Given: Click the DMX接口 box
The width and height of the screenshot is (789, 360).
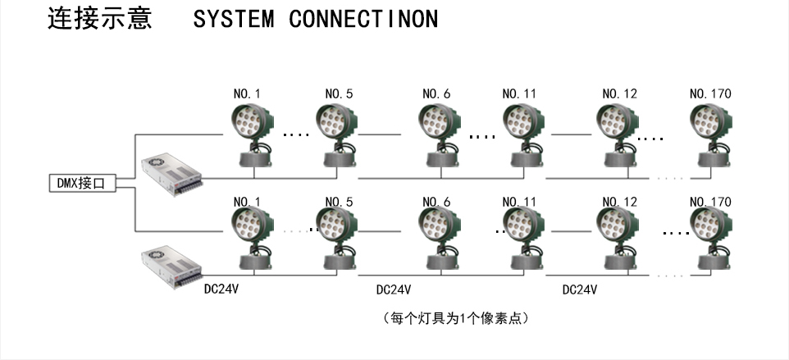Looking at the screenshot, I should coord(80,184).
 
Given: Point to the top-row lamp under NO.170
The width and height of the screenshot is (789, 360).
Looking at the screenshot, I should coord(710,135).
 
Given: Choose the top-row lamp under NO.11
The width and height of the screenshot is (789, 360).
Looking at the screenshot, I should coord(522,135).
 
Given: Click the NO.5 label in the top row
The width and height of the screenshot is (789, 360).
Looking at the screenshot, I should coord(339,94).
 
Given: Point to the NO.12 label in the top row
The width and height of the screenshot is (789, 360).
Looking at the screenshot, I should coord(619,94).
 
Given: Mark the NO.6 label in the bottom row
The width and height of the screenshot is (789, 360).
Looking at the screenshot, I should coord(436,202).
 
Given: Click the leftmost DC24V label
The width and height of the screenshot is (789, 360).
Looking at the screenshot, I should coord(221,289).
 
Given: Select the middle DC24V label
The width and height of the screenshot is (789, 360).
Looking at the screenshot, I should coord(393,289).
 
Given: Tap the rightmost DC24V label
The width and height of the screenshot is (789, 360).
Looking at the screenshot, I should coord(579,289).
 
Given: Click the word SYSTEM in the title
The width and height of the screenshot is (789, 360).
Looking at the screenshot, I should coord(234,20).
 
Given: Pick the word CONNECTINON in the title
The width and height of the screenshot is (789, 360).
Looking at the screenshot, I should coord(363,20).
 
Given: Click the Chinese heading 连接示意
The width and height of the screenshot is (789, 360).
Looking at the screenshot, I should coord(99,19).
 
